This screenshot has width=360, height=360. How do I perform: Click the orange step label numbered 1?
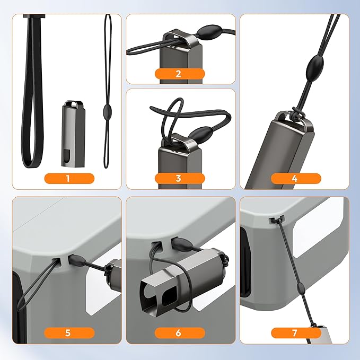click(69, 179)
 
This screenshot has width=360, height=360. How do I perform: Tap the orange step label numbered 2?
click(180, 74)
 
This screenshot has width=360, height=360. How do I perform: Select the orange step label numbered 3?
click(180, 178)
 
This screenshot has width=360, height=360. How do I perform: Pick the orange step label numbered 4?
click(296, 179)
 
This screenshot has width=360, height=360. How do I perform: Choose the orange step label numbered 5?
click(69, 333)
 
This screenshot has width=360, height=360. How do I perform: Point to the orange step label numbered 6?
click(180, 333)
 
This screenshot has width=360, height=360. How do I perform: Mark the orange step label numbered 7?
click(296, 333)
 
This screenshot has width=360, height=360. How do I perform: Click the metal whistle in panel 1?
click(73, 134)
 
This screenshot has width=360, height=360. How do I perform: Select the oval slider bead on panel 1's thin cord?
click(106, 110)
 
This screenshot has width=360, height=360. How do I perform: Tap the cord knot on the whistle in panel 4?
click(297, 113)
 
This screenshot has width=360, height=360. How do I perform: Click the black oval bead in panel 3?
click(199, 133)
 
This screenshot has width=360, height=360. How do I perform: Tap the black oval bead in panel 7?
click(300, 287)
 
